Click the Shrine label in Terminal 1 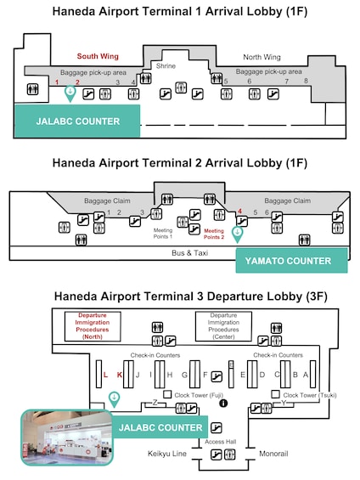click(x=166, y=65)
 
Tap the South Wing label click(x=98, y=56)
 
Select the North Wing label click(x=262, y=57)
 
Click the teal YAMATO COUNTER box click(x=291, y=261)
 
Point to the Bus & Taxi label click(x=190, y=253)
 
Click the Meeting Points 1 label click(x=163, y=234)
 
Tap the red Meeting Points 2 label click(x=214, y=234)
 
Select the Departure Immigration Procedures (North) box click(x=93, y=326)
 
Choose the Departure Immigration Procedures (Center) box click(x=223, y=326)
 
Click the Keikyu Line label click(x=167, y=454)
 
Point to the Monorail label click(x=273, y=454)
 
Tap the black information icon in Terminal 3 click(x=223, y=404)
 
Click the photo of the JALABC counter click(x=67, y=438)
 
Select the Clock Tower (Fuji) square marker click(x=167, y=394)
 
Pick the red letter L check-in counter click(x=105, y=375)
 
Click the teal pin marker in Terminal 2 click(x=237, y=234)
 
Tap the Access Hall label click(x=221, y=442)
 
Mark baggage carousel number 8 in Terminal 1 click(x=306, y=81)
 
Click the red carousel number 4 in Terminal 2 click(x=239, y=212)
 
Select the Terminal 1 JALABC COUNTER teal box click(x=78, y=121)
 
